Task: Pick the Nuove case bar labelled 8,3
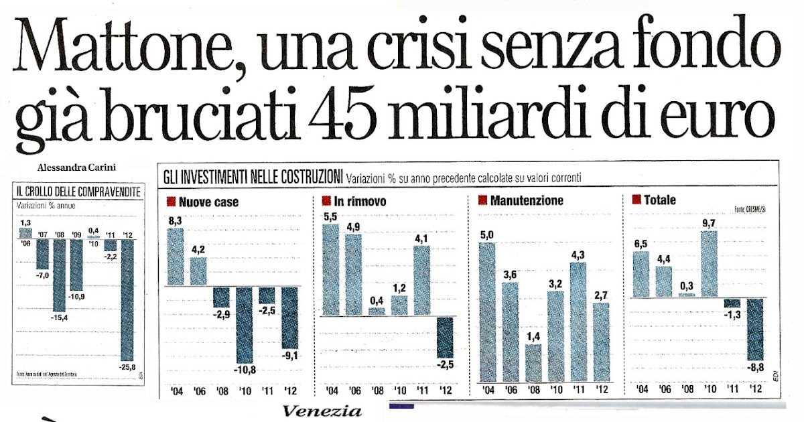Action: [x=176, y=257]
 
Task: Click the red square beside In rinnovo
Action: [x=326, y=200]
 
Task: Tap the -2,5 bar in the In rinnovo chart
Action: [x=444, y=337]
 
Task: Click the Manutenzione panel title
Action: [x=527, y=200]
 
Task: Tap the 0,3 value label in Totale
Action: [x=687, y=286]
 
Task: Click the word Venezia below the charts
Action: [x=322, y=411]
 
